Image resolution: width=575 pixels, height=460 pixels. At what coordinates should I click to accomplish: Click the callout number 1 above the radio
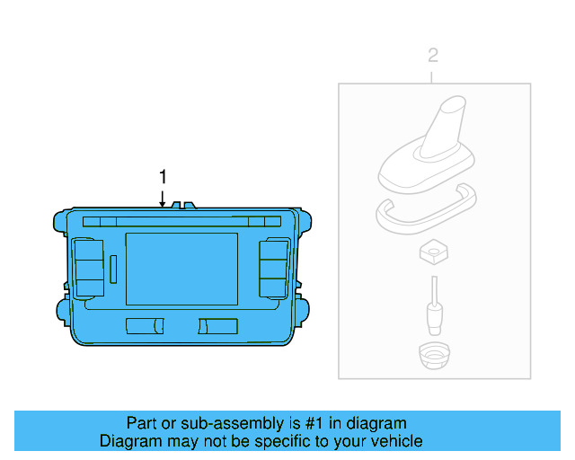pos(163,177)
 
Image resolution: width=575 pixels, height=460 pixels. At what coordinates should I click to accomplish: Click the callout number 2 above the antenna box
pos(433,56)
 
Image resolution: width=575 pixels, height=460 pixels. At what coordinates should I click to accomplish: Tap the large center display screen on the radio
pos(181,268)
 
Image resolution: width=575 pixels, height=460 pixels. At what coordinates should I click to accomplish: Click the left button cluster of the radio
pos(90,268)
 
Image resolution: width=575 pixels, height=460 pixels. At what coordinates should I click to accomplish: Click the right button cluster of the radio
pos(274,268)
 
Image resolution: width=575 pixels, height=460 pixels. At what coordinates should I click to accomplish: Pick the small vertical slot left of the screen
pos(114,268)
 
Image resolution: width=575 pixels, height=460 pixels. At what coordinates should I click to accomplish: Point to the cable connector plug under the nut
pos(434,311)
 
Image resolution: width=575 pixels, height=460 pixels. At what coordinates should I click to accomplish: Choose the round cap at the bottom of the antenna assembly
pos(434,357)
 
